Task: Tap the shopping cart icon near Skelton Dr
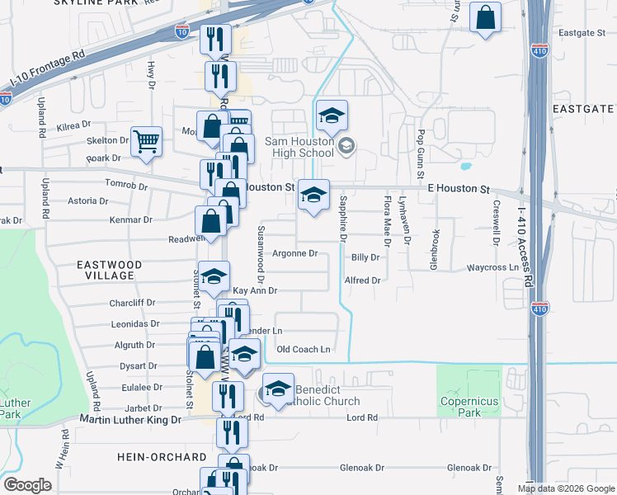(x=146, y=141)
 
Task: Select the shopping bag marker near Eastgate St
(x=485, y=17)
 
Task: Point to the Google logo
(x=26, y=485)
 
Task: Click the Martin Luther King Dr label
(x=130, y=420)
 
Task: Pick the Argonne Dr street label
(x=295, y=253)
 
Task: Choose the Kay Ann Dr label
(x=254, y=291)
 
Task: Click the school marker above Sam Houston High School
(x=332, y=116)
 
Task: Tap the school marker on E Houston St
(x=313, y=196)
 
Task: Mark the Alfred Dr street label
(x=363, y=280)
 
